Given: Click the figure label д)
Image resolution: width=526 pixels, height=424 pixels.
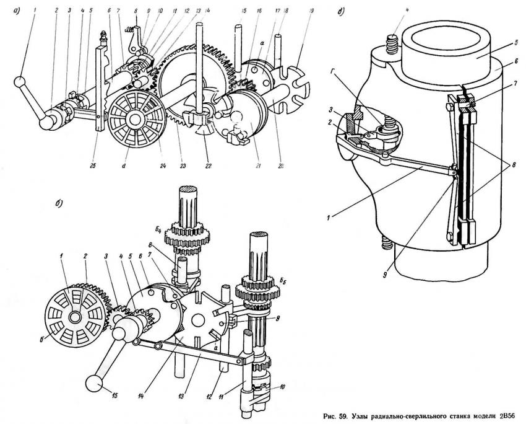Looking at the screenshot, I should pyautogui.click(x=342, y=10).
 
